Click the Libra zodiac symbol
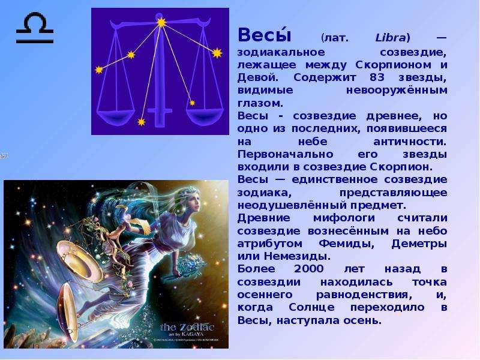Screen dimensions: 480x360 [x=35, y=27]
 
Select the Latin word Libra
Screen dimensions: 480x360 [x=391, y=38]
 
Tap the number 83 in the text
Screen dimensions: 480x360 [x=377, y=77]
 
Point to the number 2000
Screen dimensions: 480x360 [x=308, y=269]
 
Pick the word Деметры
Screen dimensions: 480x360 [x=419, y=244]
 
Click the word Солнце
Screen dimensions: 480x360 [x=311, y=307]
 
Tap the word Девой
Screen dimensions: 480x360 [x=258, y=77]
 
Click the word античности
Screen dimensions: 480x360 [x=410, y=142]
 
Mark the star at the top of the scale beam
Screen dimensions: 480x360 [x=161, y=22]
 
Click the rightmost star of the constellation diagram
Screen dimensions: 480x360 [x=217, y=53]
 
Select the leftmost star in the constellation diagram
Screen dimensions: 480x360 [x=99, y=70]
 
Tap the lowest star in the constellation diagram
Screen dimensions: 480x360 [x=141, y=122]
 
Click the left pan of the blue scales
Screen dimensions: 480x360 [x=115, y=115]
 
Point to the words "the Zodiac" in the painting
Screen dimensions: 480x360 [x=187, y=327]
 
